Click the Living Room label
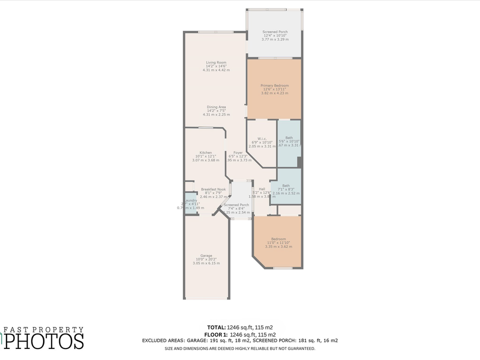pyautogui.click(x=216, y=62)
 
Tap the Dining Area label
pyautogui.click(x=216, y=107)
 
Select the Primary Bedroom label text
pyautogui.click(x=274, y=85)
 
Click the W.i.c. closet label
pyautogui.click(x=262, y=138)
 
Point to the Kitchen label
pyautogui.click(x=205, y=152)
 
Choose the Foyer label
pyautogui.click(x=238, y=152)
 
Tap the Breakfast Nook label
pyautogui.click(x=213, y=189)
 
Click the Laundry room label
pyautogui.click(x=190, y=200)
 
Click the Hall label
pyautogui.click(x=261, y=189)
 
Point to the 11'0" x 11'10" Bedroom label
pyautogui.click(x=278, y=239)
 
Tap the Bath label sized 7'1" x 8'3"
pyautogui.click(x=285, y=185)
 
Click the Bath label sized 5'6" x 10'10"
pyautogui.click(x=289, y=138)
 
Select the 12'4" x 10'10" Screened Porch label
pyautogui.click(x=275, y=32)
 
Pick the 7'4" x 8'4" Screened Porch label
pyautogui.click(x=236, y=205)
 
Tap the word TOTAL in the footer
pyautogui.click(x=216, y=327)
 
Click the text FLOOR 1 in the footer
pyautogui.click(x=216, y=334)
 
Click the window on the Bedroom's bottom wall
pyautogui.click(x=283, y=268)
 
